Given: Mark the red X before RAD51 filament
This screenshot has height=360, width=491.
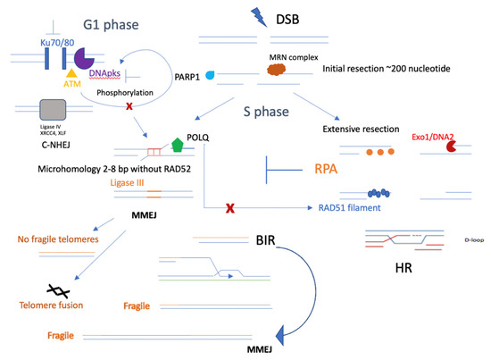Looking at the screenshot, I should click(232, 208).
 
